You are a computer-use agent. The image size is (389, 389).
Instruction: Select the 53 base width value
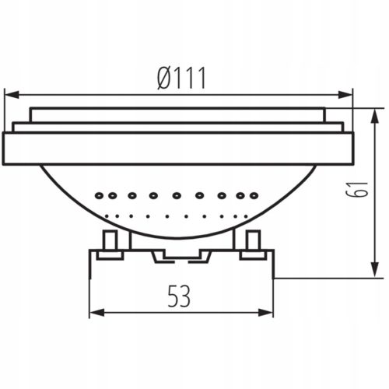point(180,295)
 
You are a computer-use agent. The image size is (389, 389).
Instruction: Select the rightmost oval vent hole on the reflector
point(253,194)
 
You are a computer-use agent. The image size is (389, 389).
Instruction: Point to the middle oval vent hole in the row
point(177,194)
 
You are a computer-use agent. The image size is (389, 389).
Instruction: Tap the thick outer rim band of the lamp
point(179,148)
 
